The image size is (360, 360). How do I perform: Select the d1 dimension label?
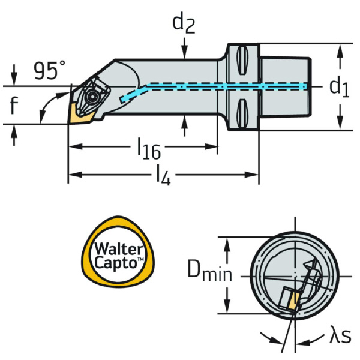[339, 87]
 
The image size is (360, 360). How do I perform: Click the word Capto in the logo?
[119, 262]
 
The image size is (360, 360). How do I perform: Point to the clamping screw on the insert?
[91, 96]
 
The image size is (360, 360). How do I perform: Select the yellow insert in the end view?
[290, 299]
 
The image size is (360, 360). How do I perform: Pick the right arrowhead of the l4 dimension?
[254, 175]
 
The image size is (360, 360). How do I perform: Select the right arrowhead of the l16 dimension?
[212, 146]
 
